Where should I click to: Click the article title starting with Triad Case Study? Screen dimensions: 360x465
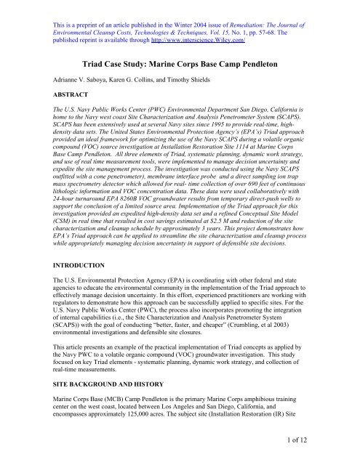click(x=180, y=62)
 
